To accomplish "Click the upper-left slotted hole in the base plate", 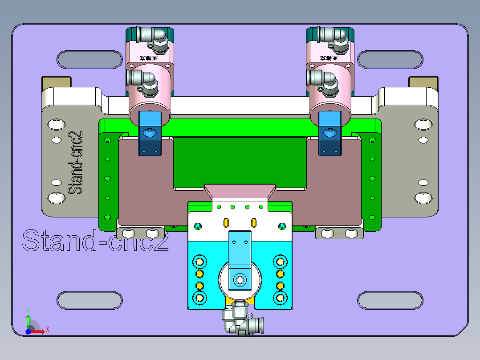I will click(x=89, y=60).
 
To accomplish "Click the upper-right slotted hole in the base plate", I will click(x=390, y=60).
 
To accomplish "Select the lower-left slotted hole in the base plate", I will click(x=89, y=301).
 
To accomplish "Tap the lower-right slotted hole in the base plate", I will click(x=390, y=301).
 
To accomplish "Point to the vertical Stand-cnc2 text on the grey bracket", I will click(x=76, y=163).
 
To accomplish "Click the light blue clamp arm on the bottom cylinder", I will click(x=240, y=254).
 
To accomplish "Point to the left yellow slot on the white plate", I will click(x=226, y=222).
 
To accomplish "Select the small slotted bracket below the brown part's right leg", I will click(x=339, y=233).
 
